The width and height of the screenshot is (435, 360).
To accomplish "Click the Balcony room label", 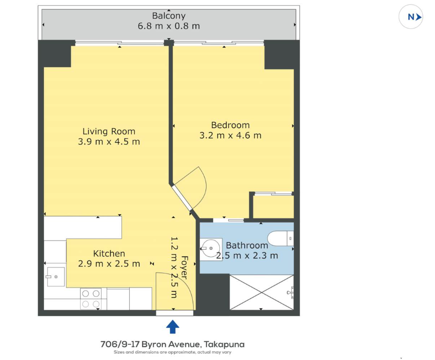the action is tap(169, 16).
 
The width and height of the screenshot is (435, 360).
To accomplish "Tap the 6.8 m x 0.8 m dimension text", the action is tap(169, 26).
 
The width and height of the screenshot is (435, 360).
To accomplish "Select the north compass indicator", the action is tap(411, 17).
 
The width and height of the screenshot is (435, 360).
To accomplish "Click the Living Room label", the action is tap(109, 131).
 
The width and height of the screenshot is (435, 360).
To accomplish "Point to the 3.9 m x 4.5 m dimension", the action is tap(109, 142).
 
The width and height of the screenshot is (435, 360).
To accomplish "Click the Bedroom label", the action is tap(230, 125).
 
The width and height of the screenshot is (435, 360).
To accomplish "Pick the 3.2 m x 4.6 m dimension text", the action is tap(230, 136).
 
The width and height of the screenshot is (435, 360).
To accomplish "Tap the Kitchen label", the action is tap(109, 254).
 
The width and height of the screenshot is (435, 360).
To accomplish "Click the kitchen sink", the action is tap(56, 276).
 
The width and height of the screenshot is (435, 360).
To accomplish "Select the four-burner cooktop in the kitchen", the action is tap(91, 298).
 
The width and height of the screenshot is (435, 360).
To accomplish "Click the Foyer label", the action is tap(184, 267).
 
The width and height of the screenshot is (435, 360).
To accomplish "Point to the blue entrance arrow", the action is tap(173, 327).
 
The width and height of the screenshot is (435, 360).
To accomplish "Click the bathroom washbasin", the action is tap(211, 249).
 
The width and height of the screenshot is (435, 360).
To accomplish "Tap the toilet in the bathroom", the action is tap(280, 238).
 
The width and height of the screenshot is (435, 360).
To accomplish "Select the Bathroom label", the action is tap(247, 245).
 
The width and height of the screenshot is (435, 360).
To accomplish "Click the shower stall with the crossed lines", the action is tap(261, 292).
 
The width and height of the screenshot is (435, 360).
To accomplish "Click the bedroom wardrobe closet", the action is tap(274, 207).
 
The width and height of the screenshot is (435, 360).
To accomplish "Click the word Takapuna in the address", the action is tap(224, 345).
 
